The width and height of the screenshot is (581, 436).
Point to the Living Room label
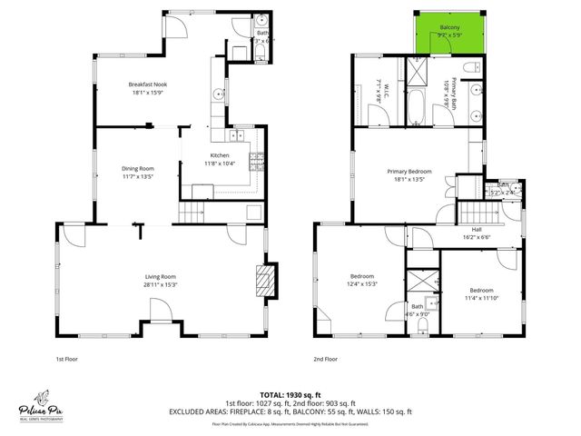click(160, 281)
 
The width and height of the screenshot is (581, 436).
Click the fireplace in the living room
click(263, 280)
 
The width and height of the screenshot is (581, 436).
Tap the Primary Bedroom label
click(409, 175)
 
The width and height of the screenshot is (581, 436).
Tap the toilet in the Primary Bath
click(469, 67)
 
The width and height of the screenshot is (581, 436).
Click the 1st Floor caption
click(66, 360)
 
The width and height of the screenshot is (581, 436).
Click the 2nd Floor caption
click(324, 360)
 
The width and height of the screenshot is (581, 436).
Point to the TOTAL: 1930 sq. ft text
click(290, 395)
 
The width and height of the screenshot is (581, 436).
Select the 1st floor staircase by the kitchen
click(193, 213)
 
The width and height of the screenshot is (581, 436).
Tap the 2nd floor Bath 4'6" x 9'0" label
click(418, 311)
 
